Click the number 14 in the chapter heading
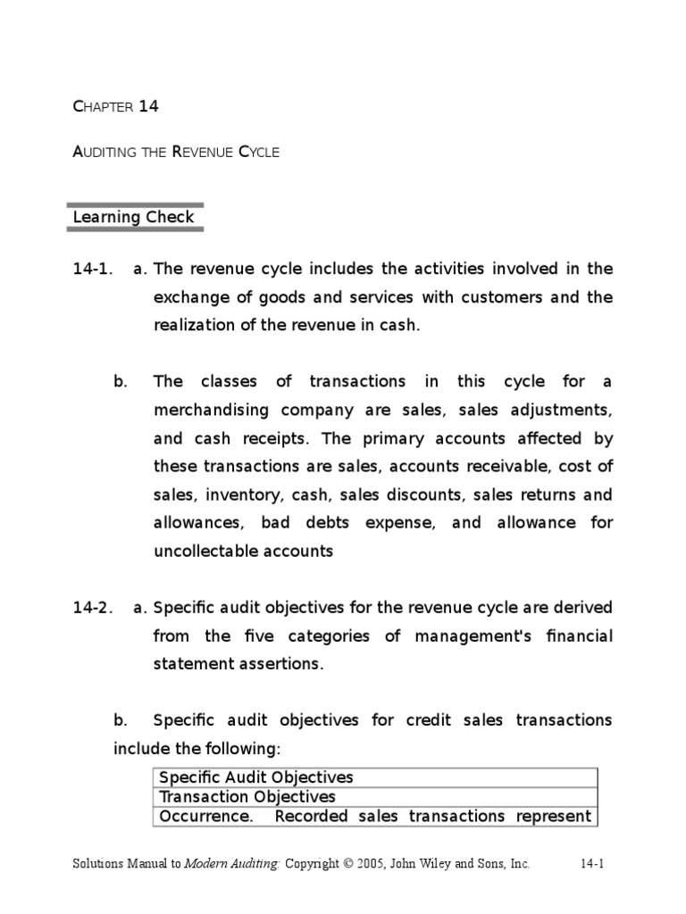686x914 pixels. point(148,106)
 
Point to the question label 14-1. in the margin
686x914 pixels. point(93,270)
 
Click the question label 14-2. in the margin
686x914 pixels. point(93,608)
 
